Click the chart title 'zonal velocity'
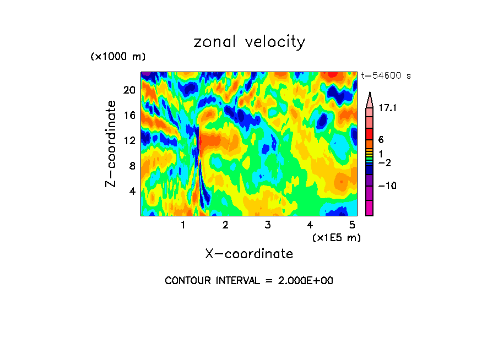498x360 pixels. tap(249, 42)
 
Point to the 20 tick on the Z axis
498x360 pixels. tap(129, 90)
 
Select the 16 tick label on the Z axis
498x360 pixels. tap(129, 116)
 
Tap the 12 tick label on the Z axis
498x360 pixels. tap(129, 140)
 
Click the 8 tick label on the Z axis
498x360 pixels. tap(132, 166)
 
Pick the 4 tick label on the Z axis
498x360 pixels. tap(132, 191)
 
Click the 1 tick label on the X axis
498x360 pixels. tap(183, 225)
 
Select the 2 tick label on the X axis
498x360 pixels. tap(225, 225)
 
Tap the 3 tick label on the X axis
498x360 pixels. tap(267, 225)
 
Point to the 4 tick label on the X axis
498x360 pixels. tap(310, 225)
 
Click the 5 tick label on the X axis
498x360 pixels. tap(351, 225)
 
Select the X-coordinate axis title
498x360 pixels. tap(249, 254)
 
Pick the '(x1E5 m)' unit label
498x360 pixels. tap(336, 237)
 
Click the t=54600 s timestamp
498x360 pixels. tap(386, 76)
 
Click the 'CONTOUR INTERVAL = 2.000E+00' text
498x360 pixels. tap(249, 281)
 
